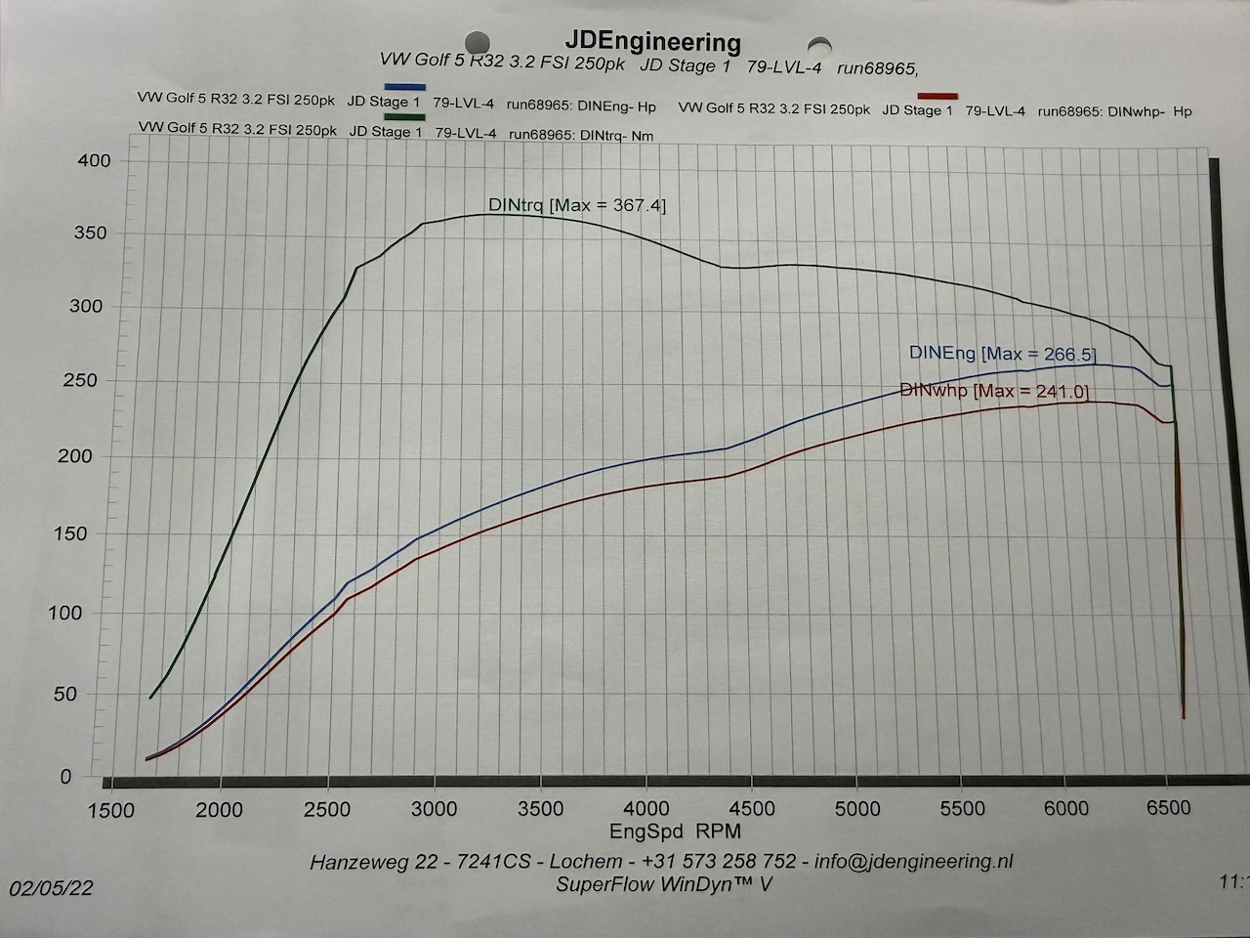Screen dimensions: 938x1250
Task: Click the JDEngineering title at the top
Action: coord(652,42)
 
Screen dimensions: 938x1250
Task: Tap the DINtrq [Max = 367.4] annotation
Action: coord(576,205)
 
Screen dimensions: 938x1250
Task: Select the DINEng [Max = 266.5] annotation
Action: coord(1002,354)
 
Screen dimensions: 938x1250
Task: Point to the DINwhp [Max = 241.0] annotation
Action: coord(993,391)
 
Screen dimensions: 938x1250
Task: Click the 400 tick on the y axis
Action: coord(95,160)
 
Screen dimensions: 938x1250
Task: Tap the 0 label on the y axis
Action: coord(66,777)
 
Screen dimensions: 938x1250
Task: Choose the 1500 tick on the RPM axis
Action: coord(110,810)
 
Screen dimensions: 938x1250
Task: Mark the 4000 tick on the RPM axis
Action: coord(646,809)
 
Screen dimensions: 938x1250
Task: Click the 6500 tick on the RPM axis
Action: coord(1168,808)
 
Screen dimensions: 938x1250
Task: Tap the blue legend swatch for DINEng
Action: coord(404,87)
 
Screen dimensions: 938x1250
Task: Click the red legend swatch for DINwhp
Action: coord(937,96)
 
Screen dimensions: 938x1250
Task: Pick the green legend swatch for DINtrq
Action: coord(404,117)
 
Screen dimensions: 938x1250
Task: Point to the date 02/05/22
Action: coord(52,887)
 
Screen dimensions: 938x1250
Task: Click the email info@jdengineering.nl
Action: coord(913,861)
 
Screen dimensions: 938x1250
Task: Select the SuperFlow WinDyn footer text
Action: coord(664,884)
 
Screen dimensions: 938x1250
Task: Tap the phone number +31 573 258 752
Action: coord(719,861)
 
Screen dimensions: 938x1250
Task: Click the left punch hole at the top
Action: coord(477,42)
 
